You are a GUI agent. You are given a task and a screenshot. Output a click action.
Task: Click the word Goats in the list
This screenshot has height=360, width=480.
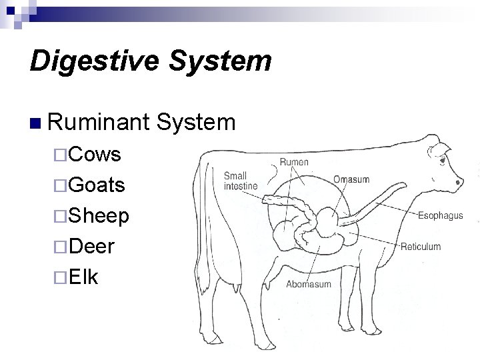click(97, 185)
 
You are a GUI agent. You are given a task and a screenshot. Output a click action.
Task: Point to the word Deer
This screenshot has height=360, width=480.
click(91, 246)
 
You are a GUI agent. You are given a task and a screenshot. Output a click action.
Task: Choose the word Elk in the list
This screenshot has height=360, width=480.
click(83, 276)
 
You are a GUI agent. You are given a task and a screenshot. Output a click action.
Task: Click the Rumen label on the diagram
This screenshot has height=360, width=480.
click(294, 162)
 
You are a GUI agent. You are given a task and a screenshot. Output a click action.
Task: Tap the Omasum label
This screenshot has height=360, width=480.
click(351, 179)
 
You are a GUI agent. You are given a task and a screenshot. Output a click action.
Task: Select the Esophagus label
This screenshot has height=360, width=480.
click(440, 216)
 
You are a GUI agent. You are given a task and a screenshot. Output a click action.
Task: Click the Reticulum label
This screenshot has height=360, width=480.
click(421, 247)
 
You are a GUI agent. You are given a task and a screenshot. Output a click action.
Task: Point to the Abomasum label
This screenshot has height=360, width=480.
click(309, 284)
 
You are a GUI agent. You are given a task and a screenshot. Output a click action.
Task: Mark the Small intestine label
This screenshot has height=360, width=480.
click(240, 181)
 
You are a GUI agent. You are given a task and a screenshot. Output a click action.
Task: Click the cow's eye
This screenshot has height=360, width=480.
click(443, 161)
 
